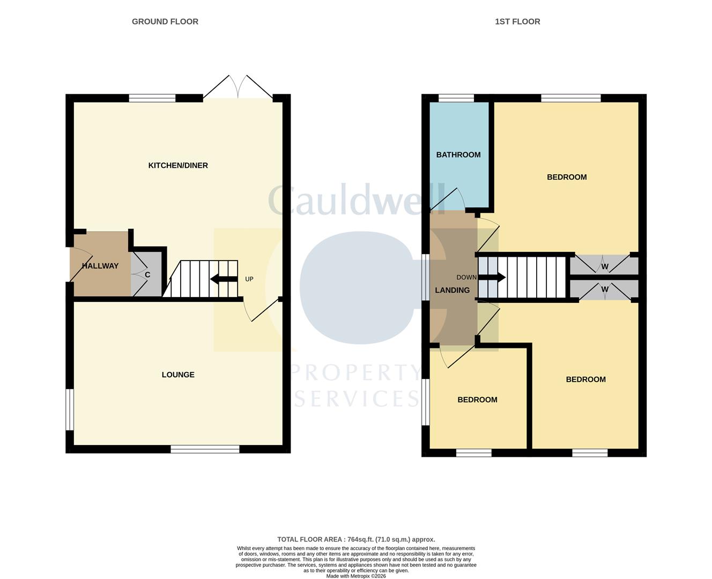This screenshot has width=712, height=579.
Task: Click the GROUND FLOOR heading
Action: tap(165, 21)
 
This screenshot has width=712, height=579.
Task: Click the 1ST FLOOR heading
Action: tap(517, 21)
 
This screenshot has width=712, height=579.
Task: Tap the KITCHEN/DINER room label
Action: tap(178, 166)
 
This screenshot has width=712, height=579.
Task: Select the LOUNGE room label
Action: tap(178, 375)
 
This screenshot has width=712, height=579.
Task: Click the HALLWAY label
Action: tap(100, 266)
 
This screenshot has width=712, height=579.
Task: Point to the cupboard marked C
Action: tap(147, 275)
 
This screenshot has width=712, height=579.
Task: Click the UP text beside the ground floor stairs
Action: tap(249, 279)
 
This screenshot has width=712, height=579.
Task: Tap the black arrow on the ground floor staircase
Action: tap(224, 279)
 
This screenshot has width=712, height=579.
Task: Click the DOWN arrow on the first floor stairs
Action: tap(492, 277)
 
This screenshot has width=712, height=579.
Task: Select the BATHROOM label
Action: tap(458, 155)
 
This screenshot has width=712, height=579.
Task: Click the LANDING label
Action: tap(452, 290)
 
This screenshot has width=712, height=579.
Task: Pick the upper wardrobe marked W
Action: tap(604, 266)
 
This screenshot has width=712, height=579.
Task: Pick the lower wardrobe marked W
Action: tap(604, 289)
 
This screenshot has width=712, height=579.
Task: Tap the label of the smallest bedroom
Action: tap(477, 400)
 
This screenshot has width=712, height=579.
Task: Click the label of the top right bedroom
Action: tap(567, 177)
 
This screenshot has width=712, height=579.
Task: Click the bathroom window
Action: tap(456, 98)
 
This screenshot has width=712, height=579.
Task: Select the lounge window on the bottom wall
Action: tap(205, 449)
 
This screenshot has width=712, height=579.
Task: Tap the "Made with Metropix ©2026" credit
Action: tap(356, 576)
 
